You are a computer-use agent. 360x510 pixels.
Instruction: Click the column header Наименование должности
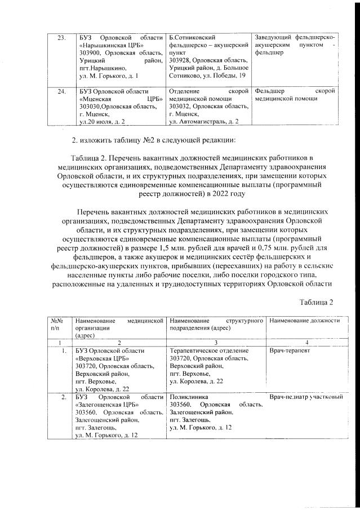tap(305, 321)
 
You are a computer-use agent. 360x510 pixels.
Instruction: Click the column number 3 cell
tap(217, 342)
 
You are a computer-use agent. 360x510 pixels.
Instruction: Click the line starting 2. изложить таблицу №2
tap(141, 139)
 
